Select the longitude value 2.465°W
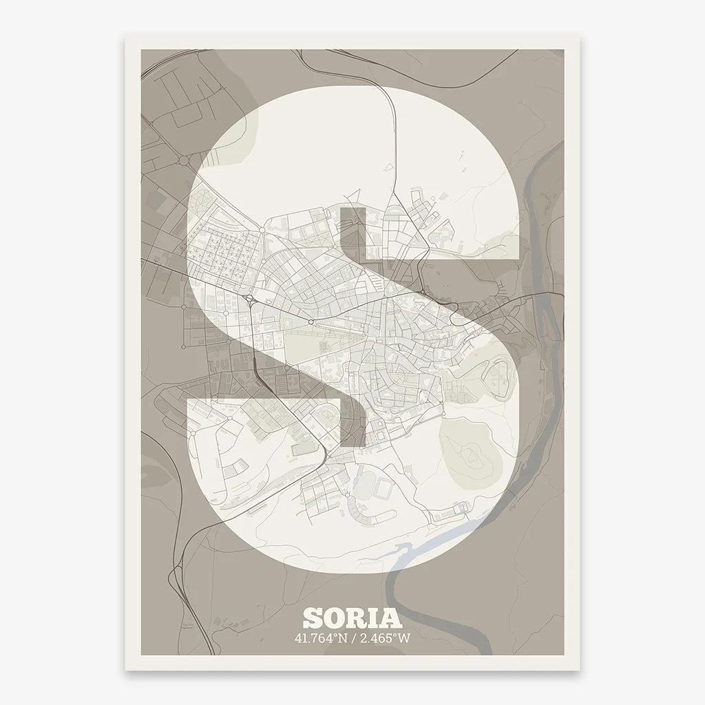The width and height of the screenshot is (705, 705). tap(386, 638)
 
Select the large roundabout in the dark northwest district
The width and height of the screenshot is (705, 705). tap(185, 160)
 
